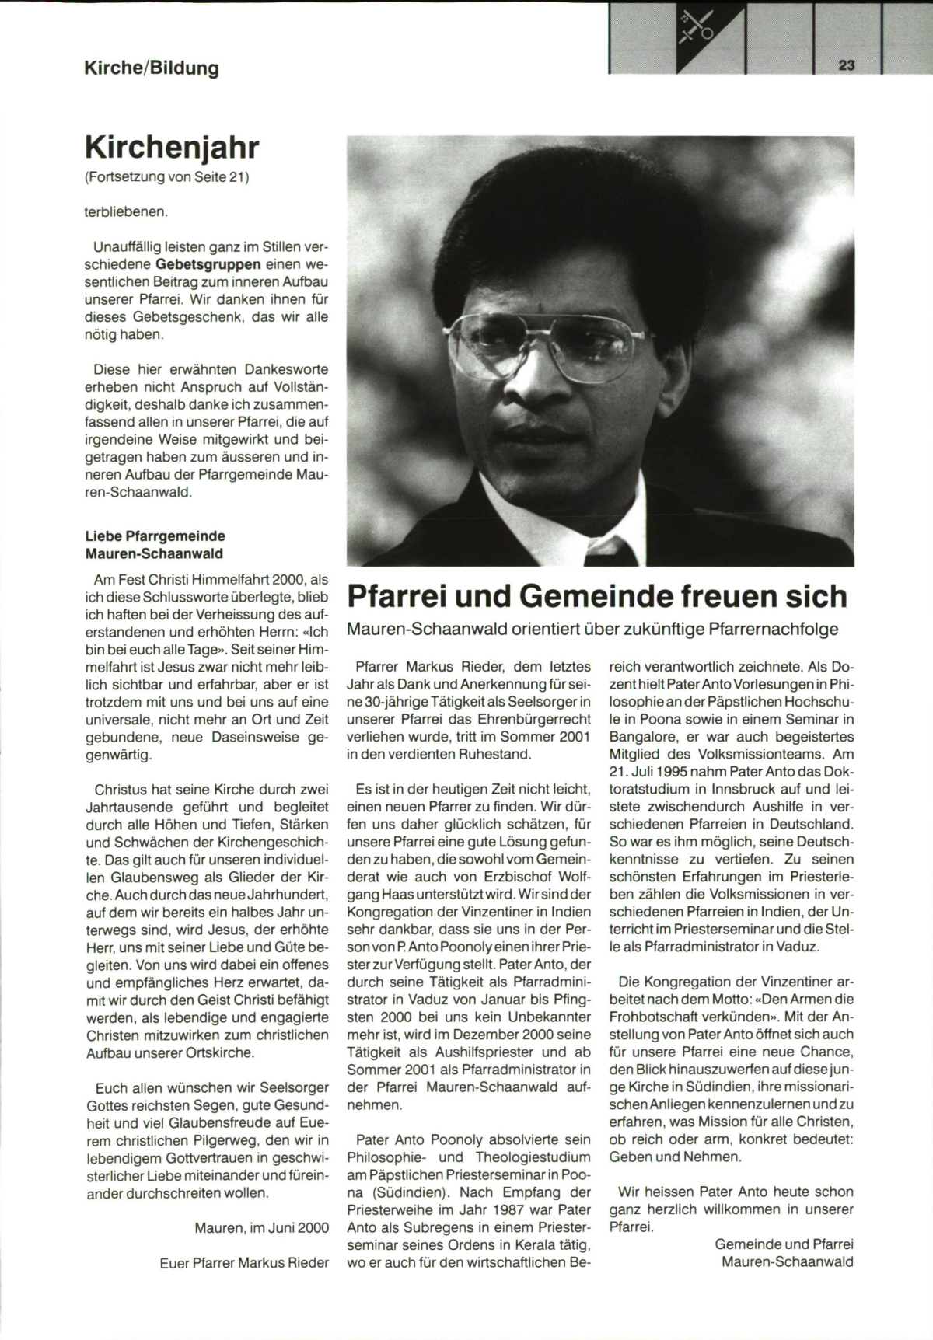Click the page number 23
847,66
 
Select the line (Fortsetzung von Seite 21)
166,177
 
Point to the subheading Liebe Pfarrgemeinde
155,536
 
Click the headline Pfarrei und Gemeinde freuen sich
596,596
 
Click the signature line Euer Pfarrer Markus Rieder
244,1262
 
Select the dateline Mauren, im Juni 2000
261,1227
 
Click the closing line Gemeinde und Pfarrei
784,1244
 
